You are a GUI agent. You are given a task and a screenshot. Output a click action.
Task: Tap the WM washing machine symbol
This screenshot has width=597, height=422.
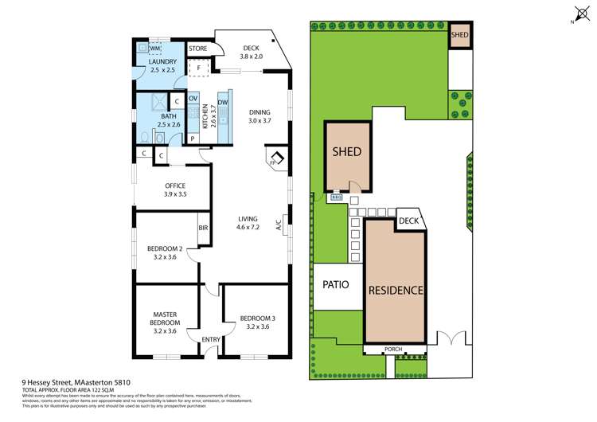154,49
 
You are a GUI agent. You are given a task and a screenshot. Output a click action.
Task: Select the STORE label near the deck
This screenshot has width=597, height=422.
198,49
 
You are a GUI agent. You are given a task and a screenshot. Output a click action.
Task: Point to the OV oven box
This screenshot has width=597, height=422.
193,99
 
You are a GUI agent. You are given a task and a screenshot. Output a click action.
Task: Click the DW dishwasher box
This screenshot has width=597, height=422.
224,103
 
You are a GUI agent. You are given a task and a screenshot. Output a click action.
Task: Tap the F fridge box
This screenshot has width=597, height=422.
198,68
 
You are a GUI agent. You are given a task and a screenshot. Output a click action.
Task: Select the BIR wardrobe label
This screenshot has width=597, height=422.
204,228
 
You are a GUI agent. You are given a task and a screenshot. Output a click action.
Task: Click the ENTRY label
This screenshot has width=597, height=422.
210,340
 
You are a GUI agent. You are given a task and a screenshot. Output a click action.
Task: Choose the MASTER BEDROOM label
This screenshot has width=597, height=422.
166,319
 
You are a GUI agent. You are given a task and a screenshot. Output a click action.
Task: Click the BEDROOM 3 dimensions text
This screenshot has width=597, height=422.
259,326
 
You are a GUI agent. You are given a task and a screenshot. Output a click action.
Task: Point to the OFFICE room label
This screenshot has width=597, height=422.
174,186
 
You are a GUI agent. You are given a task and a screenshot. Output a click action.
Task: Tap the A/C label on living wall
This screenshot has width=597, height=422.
279,225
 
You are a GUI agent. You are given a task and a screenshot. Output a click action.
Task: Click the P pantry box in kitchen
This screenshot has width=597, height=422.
192,139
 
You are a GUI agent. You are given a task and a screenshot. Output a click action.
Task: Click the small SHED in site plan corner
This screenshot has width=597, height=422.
459,36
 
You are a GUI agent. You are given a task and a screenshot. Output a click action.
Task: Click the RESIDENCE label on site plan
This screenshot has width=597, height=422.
395,290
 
